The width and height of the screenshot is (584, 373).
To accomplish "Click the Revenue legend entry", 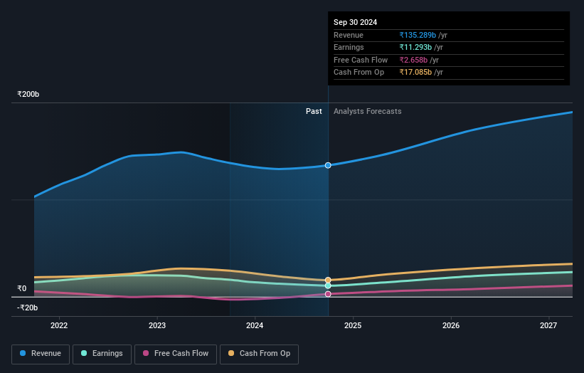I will pos(41,354).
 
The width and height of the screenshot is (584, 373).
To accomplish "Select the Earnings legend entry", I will pos(102,354).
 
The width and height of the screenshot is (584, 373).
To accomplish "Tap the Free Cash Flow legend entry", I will pos(176,354).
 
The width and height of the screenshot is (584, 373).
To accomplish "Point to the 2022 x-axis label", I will pos(59,325).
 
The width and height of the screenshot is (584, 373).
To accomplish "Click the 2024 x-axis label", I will pos(255,325).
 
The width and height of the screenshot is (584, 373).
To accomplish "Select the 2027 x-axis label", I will pos(548,325).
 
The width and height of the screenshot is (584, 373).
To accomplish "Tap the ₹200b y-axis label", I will pos(28,94).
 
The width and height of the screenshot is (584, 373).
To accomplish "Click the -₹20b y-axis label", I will pos(28,308).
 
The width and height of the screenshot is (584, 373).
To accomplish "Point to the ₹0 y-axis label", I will pos(22,288).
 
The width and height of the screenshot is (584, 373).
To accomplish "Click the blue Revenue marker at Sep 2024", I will pos(328,165).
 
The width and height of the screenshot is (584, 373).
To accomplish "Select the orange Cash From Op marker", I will pos(328,280).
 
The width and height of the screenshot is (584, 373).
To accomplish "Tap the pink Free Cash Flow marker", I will pos(328,294).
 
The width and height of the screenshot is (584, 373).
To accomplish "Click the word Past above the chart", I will pos(314,111).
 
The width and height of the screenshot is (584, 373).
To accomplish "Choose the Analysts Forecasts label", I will pos(367,111).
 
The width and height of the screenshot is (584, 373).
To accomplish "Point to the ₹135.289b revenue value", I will pos(418,35).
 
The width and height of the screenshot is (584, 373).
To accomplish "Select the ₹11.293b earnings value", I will pos(415,48).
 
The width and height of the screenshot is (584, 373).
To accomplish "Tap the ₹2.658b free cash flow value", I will pos(413,60).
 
